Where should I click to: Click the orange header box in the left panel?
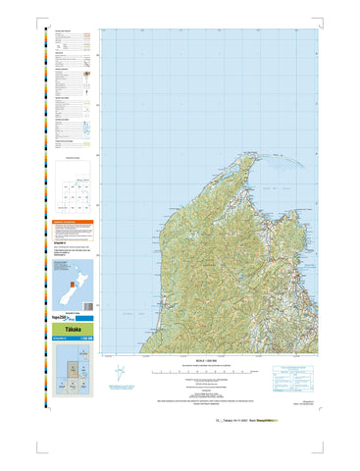[75, 225]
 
